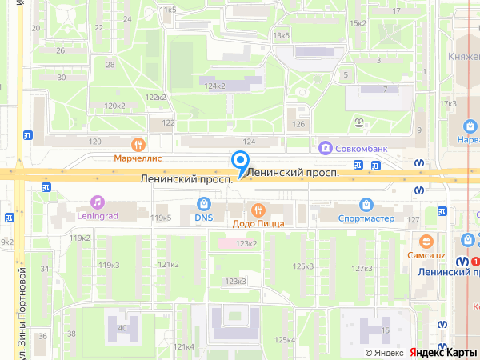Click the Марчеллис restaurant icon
[139, 145]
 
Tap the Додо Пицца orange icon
[258, 210]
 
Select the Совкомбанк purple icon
[325, 147]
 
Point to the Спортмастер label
[366, 217]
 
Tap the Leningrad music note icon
[97, 202]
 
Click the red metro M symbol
[476, 261]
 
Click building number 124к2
[215, 86]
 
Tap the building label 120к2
[114, 106]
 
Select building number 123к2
[246, 243]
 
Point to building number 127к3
[362, 268]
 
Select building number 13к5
[281, 36]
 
